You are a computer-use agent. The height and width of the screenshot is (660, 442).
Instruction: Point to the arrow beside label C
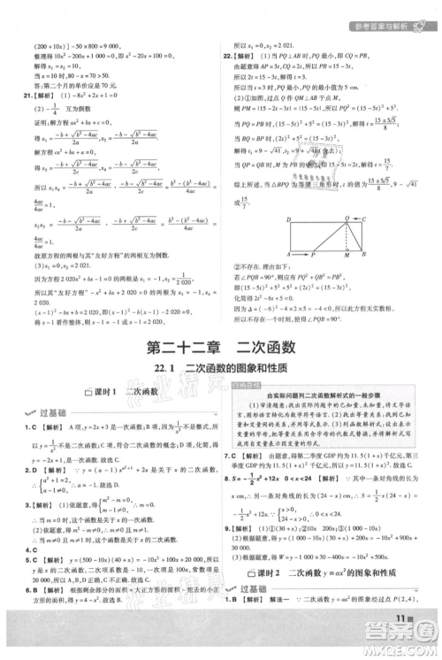[x=356, y=220]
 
